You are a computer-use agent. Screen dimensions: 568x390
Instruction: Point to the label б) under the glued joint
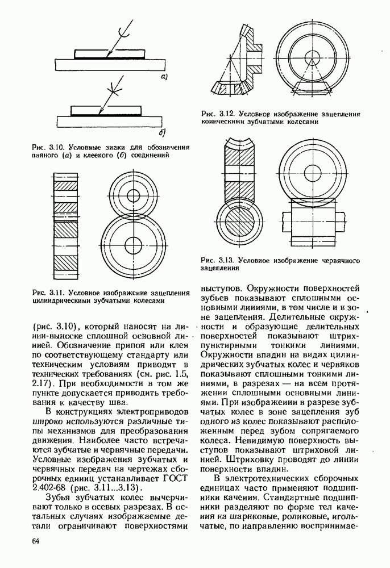pos(162,133)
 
